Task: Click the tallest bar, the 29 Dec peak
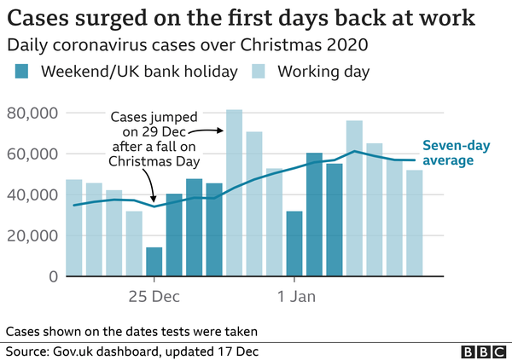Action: [234, 193]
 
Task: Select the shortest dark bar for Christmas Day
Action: [154, 262]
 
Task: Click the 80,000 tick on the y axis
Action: [31, 113]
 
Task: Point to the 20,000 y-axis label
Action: [31, 235]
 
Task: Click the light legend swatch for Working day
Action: [261, 72]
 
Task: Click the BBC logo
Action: [482, 351]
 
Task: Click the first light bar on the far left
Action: [73, 228]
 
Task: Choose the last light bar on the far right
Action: [414, 224]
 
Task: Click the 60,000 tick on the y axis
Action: [31, 154]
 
